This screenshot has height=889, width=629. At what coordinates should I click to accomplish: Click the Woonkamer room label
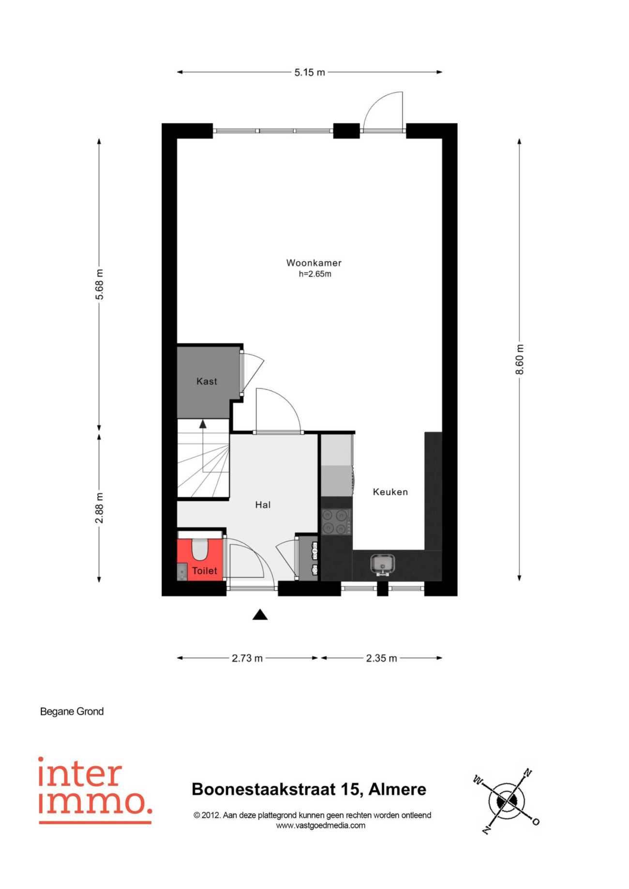pos(314,263)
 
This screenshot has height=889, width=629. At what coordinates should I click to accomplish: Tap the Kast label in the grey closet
pos(207,382)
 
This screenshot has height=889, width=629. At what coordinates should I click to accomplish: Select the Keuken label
pos(390,492)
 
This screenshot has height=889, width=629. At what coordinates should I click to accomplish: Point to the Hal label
pos(263,505)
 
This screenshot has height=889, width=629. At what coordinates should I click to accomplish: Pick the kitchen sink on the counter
pos(383,564)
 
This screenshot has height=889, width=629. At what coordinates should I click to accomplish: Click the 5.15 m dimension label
pos(310,73)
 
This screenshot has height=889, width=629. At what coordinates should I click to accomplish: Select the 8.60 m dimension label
pos(520,359)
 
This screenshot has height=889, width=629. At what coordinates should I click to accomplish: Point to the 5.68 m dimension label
pos(99,284)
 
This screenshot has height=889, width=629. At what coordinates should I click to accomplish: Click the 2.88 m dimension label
pos(99,508)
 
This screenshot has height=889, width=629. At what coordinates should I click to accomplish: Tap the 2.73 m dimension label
pos(247,658)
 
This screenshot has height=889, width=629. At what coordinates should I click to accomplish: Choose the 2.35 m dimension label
pos(381,658)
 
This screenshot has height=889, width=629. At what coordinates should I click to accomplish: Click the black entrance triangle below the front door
pos(260,615)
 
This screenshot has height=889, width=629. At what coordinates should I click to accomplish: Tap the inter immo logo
pos(95,790)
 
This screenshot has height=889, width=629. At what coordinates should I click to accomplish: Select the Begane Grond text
pos(72,711)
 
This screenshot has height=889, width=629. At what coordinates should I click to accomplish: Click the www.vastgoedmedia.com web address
pos(321,826)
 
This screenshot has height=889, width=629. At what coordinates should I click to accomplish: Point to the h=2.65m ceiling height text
pos(315,274)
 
